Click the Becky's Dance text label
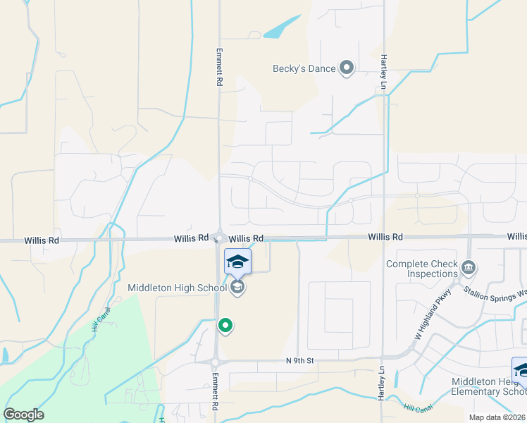[304, 68]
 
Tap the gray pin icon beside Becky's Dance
[346, 68]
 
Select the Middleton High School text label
[178, 288]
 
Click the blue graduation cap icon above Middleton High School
[237, 261]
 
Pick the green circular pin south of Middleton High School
[225, 326]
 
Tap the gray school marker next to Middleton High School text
[237, 287]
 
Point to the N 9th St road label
[299, 361]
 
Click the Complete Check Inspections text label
[422, 269]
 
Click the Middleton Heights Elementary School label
[488, 386]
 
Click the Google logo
[23, 415]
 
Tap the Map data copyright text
[497, 417]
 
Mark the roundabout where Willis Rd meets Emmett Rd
[219, 238]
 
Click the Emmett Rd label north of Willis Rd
[219, 68]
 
